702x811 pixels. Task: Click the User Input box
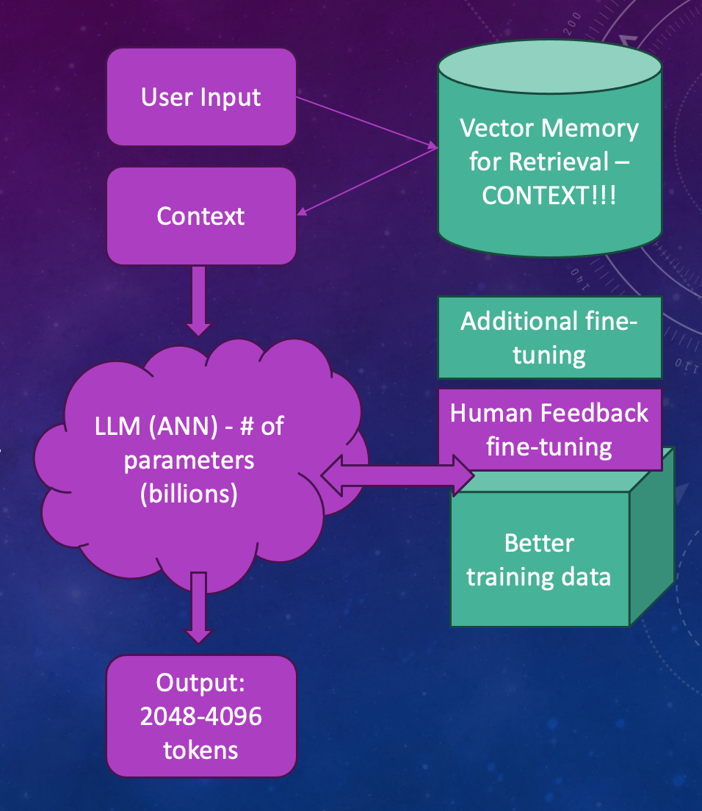point(201,97)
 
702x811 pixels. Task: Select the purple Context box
point(201,216)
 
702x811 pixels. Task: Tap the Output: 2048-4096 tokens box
point(201,716)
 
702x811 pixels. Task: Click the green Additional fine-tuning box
point(549,338)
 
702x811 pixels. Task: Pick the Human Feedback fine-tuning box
point(549,428)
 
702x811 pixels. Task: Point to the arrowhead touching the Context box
point(303,212)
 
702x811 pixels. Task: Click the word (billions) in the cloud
point(189,494)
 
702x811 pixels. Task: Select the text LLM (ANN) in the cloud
point(143,427)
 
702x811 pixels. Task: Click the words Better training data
point(539,560)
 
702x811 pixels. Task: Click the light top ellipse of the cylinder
point(549,69)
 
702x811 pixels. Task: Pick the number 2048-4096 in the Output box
point(201,716)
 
